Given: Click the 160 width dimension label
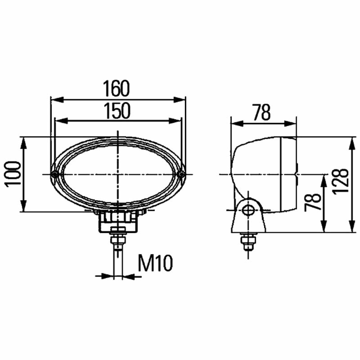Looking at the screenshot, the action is click(116, 89).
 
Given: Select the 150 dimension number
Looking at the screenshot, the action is click(117, 111).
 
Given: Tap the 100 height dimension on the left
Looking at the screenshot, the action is click(13, 174).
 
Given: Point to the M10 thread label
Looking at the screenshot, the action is click(155, 263).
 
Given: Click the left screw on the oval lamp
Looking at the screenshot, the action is click(55, 175).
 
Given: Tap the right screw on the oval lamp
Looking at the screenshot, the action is click(182, 175).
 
